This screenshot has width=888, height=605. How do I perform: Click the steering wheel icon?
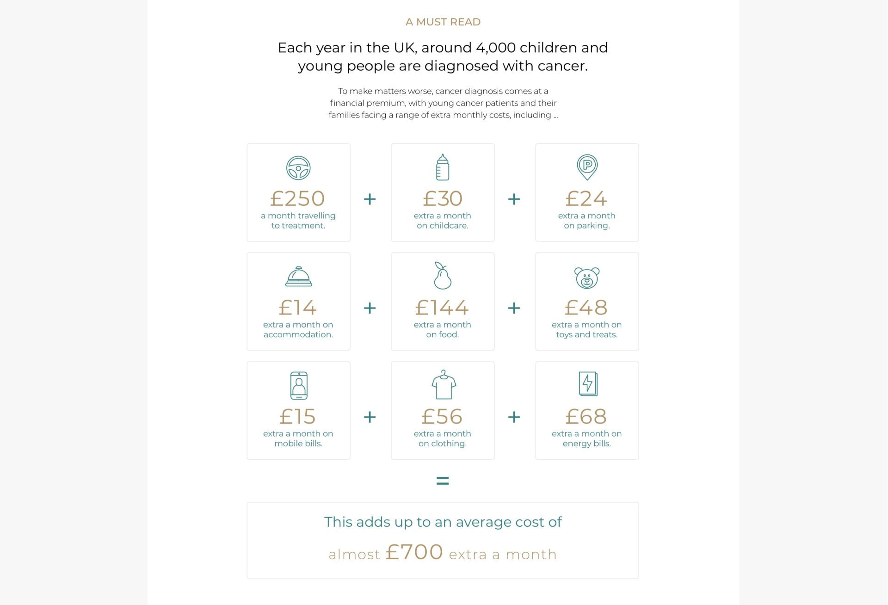(298, 168)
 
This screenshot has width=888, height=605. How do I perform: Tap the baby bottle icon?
(443, 167)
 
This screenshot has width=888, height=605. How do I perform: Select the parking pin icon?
(587, 167)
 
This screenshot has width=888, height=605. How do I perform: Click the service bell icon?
(298, 277)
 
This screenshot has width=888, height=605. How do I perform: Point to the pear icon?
(442, 276)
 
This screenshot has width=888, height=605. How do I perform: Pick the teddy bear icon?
(587, 278)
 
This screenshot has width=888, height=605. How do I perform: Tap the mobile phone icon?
(299, 385)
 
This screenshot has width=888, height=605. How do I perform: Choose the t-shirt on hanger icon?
(444, 385)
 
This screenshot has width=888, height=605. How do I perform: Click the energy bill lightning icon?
(588, 384)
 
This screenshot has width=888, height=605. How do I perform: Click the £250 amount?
(298, 198)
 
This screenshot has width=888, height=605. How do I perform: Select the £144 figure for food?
(442, 308)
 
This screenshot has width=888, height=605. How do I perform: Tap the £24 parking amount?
(586, 198)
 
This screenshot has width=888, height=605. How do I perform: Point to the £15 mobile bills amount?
(298, 416)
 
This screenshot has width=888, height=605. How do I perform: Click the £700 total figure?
(414, 552)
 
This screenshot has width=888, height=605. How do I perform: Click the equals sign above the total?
(443, 481)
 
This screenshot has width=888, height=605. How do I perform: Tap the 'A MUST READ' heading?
(443, 22)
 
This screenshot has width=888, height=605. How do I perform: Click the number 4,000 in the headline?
(496, 48)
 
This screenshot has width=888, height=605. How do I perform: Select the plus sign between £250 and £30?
(370, 199)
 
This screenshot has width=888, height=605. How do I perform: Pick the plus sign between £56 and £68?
(514, 417)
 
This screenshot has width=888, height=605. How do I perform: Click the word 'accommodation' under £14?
(298, 334)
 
